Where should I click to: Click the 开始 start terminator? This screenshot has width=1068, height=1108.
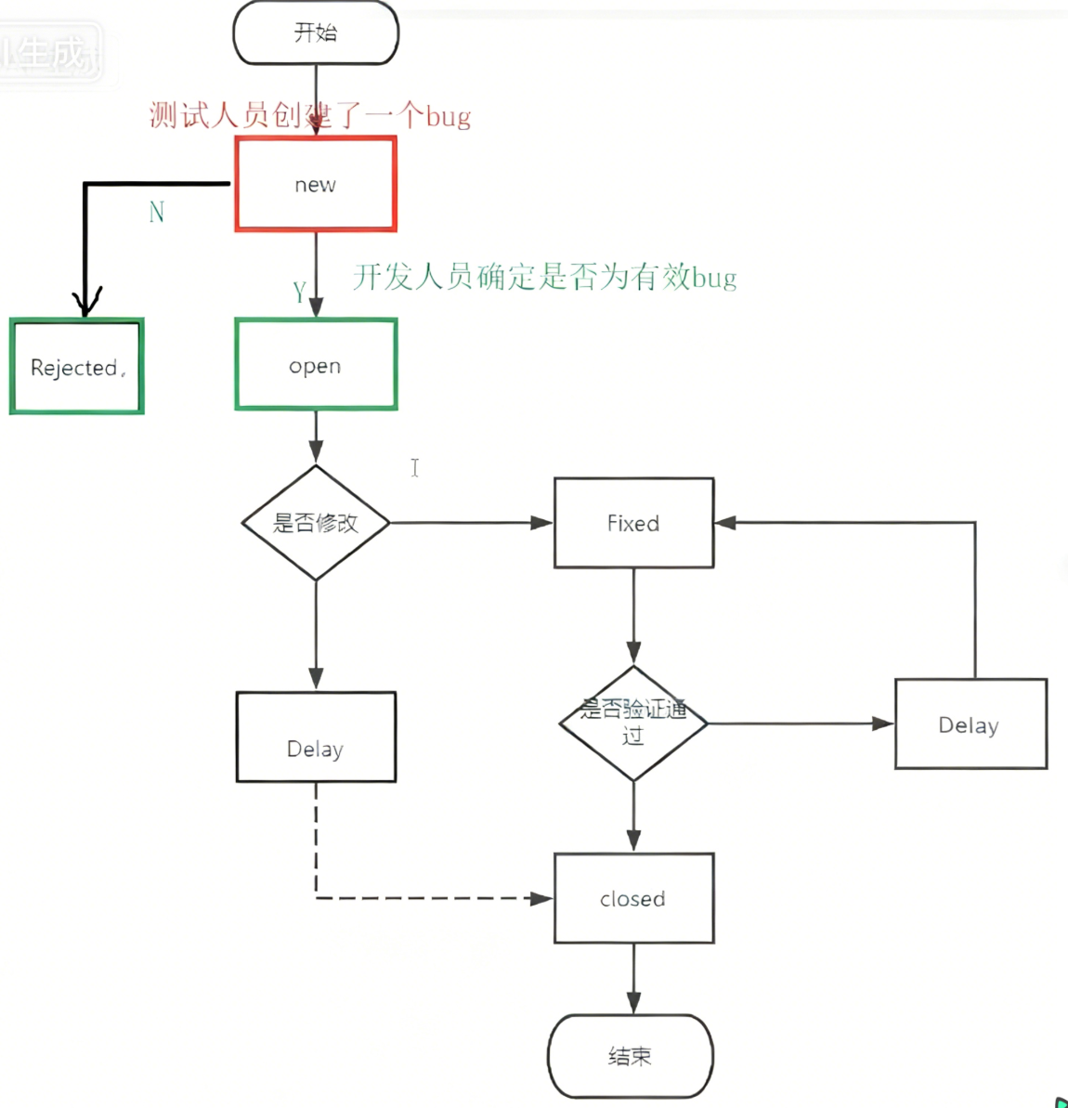[316, 33]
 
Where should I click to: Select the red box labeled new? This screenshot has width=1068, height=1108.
[316, 184]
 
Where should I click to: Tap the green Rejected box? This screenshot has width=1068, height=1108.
[77, 367]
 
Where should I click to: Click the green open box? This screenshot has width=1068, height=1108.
[316, 365]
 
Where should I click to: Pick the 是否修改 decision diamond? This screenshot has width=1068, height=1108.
[316, 523]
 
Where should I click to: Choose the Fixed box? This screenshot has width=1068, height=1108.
[633, 523]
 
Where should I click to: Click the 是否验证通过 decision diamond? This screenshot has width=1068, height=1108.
[633, 723]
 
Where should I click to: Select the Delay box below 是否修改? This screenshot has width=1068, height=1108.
[316, 737]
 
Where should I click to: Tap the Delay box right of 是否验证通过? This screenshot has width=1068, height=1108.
[970, 724]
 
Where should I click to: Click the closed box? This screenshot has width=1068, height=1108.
[633, 898]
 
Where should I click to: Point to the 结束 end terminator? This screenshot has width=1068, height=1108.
[631, 1056]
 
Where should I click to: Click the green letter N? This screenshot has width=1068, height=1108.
[157, 213]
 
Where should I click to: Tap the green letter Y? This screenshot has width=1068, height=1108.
[299, 293]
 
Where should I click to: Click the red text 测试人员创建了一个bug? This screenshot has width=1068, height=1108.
[310, 116]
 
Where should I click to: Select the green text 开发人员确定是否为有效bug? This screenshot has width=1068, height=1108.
[544, 277]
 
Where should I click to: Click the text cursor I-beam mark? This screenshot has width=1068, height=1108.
[415, 467]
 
